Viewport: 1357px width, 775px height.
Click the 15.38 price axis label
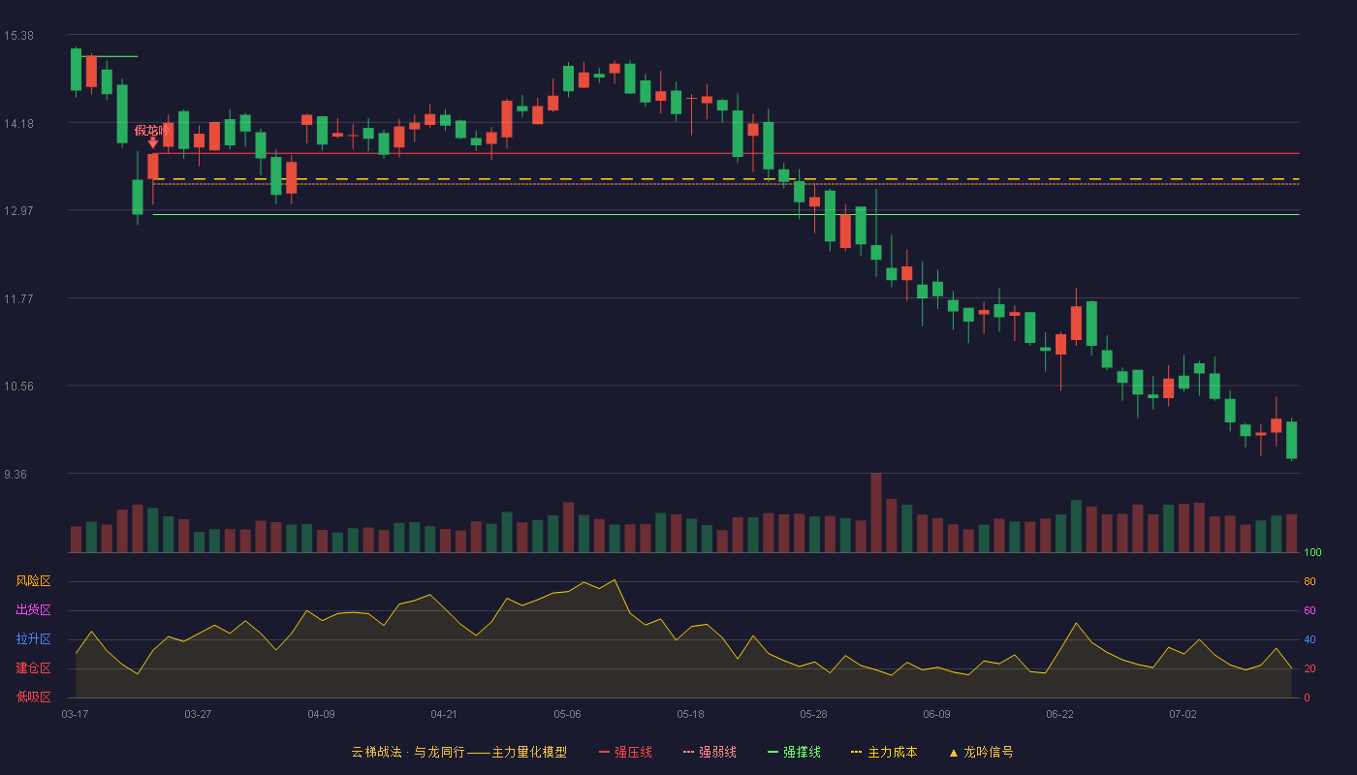pos(18,36)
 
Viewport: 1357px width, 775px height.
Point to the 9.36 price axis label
pos(16,475)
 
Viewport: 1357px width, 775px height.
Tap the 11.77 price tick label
pos(18,299)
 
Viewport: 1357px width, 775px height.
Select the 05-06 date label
pos(567,715)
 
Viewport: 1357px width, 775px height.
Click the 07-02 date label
pos(1183,715)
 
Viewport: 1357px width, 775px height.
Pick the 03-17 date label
pos(76,715)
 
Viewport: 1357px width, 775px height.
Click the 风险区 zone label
pos(33,581)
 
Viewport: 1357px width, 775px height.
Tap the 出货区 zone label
pos(33,609)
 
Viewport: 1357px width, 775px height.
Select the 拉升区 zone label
pos(33,638)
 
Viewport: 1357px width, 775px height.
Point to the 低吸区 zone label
pos(33,697)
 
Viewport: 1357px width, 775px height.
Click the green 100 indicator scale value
pos(1312,552)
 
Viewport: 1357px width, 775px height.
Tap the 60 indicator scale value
pos(1310,610)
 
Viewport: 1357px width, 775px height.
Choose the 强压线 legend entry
pos(625,752)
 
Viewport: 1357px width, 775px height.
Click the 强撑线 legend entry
pos(794,752)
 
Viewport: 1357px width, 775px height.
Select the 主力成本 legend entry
pos(884,752)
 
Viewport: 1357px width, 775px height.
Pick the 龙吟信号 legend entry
pos(981,752)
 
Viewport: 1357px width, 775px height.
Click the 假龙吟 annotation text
pos(151,130)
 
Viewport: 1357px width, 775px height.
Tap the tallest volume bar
pos(876,512)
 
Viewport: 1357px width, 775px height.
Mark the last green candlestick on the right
pos(1291,440)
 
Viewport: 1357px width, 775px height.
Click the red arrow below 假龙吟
pos(153,143)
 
